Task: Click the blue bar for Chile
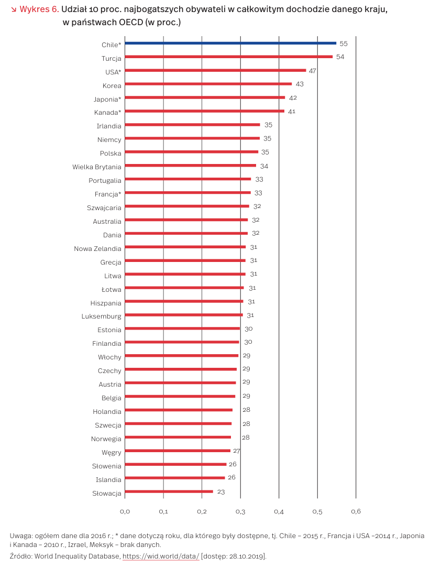coord(230,43)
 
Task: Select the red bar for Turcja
coord(228,57)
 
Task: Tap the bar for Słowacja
coord(169,491)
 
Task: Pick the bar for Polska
coord(191,152)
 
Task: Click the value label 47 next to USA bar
coord(312,71)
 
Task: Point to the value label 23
coord(221,492)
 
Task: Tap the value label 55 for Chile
coord(344,43)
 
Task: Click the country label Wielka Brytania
coord(97,167)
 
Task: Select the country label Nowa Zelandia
coord(97,248)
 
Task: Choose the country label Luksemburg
coord(101,316)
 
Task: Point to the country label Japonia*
coord(107,99)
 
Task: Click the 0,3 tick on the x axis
coord(240,511)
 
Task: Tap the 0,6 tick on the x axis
coord(356,511)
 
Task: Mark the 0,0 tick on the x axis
coord(125,511)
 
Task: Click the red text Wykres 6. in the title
coord(39,10)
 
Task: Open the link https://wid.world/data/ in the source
coord(161,556)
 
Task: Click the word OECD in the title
coord(130,23)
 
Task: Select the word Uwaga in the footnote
coord(21,536)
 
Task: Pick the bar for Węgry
coord(177,451)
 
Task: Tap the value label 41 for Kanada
coord(292,112)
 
